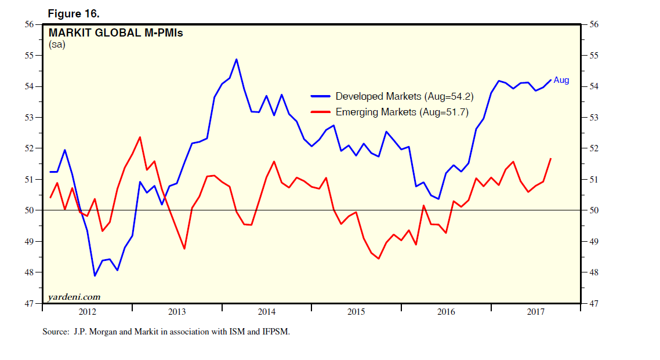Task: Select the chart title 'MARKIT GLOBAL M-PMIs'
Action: coord(115,33)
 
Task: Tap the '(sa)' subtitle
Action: coord(57,45)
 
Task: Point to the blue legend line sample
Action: coord(321,96)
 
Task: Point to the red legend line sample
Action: coord(321,112)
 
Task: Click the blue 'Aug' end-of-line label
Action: coord(561,81)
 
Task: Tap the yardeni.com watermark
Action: coord(74,297)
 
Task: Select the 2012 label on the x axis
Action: coord(87,312)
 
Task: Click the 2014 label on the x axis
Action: coord(267,312)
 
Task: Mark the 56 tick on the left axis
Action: coord(28,24)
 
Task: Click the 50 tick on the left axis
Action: coord(28,210)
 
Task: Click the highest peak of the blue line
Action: coord(237,59)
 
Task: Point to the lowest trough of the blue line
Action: coord(95,275)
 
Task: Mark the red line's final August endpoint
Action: coord(550,158)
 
